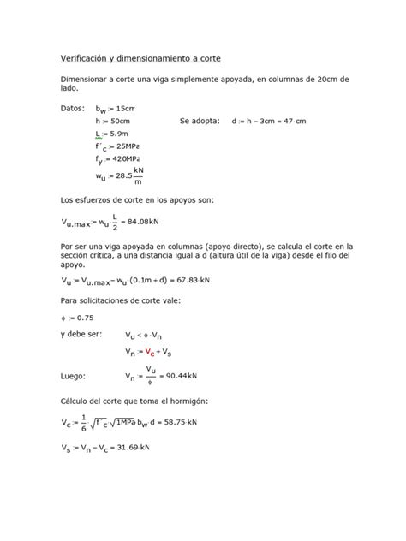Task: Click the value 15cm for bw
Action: click(124, 110)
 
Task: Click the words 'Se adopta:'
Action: click(200, 122)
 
